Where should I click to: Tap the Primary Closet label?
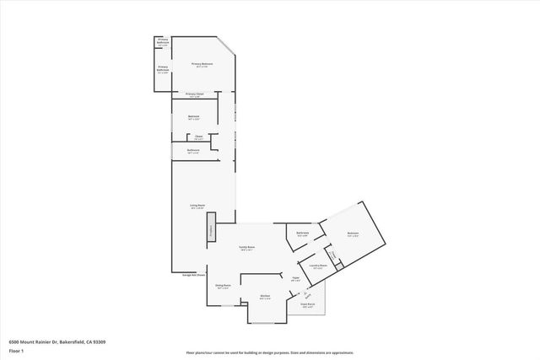coord(195,94)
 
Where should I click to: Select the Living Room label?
coord(197,206)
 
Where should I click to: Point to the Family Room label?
coord(246,248)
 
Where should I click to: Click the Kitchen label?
coord(265,297)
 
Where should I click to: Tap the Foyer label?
coord(296,278)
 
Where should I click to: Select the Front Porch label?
coord(308,305)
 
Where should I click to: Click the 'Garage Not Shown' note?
coord(194,275)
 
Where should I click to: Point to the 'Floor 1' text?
coord(16,349)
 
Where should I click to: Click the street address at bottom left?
coord(57,341)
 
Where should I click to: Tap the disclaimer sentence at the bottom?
coord(270,353)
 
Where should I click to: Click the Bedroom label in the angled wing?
coord(353,234)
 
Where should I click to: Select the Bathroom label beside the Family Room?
coord(302,234)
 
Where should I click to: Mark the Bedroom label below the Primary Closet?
coord(193,118)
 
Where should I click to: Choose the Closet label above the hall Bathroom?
coord(199,137)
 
